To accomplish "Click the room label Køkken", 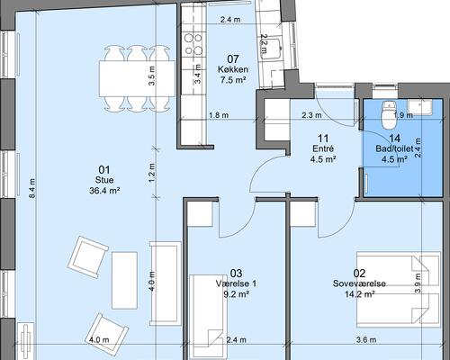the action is coord(233,69).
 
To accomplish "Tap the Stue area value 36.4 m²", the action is coord(104,191).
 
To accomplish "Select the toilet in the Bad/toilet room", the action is coord(389,113).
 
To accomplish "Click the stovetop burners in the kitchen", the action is coord(193,43).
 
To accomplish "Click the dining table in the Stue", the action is coord(137,78).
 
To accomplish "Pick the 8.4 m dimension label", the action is coord(32,188).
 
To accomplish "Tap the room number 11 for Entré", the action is coord(323,139).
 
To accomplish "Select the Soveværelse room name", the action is coord(359,283).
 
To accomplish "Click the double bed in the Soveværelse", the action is coord(399,290).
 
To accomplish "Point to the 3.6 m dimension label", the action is coord(366,340).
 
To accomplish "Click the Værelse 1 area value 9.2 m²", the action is coord(237,294).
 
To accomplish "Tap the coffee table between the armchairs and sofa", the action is coord(124,281).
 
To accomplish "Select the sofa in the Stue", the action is coord(166,283).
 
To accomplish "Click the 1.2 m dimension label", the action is coord(152,173).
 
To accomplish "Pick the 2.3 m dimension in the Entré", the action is coord(311,115).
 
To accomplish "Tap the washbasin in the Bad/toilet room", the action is coord(419,107).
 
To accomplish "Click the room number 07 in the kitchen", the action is coord(233,59).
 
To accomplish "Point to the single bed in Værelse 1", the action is coord(208,316).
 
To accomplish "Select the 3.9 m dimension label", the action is coord(418,283).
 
